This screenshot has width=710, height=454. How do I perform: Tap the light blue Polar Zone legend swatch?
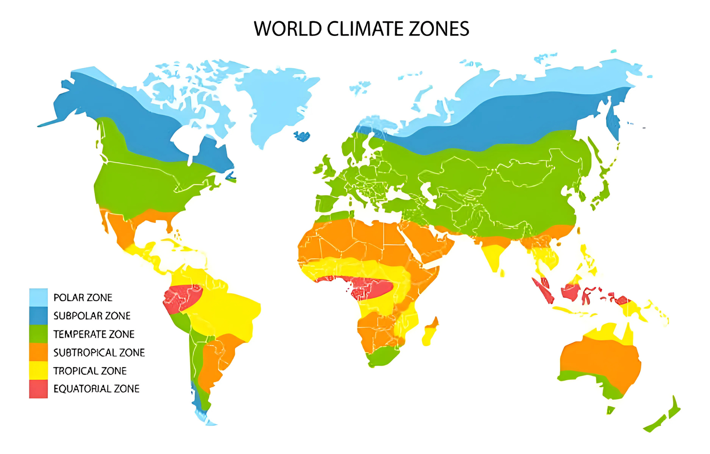pyautogui.click(x=38, y=297)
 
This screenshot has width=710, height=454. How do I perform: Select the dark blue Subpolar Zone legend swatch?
pyautogui.click(x=38, y=316)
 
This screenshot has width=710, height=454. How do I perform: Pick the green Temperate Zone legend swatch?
pyautogui.click(x=38, y=334)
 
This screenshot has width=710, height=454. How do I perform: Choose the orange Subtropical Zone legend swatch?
pyautogui.click(x=38, y=352)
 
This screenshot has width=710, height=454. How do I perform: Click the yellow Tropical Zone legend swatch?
pyautogui.click(x=38, y=370)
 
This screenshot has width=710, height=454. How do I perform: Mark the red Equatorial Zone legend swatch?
pyautogui.click(x=38, y=389)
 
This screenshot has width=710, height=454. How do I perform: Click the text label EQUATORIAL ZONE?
pyautogui.click(x=96, y=389)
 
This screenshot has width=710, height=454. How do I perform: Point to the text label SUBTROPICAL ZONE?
pyautogui.click(x=99, y=353)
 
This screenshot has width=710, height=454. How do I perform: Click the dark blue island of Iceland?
pyautogui.click(x=302, y=136)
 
